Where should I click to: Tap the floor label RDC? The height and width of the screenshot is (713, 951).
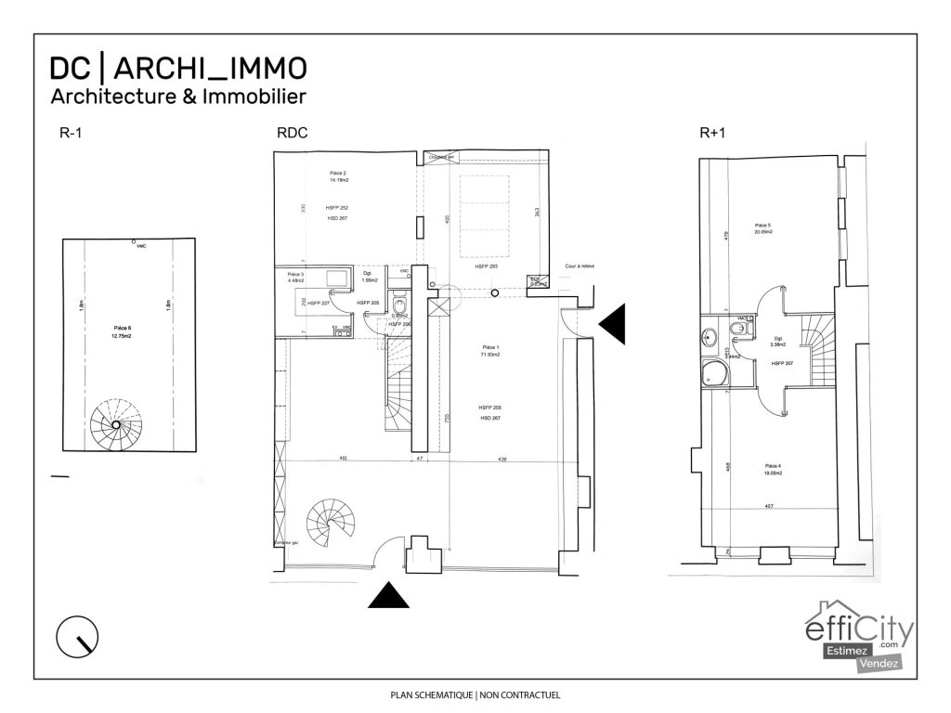click(292, 133)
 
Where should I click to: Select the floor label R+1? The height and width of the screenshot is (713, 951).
click(712, 133)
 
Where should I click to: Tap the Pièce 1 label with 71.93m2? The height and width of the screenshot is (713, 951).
click(489, 351)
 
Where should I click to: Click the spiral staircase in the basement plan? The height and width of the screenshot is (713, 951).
click(116, 424)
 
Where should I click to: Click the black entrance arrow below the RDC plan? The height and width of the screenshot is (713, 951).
click(388, 595)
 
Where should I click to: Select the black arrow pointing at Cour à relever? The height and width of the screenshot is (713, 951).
click(614, 322)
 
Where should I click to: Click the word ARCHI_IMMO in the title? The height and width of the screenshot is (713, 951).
click(211, 68)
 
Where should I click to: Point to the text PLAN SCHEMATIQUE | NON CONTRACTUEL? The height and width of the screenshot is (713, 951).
click(475, 694)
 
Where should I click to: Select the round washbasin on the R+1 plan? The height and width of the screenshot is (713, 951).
click(712, 336)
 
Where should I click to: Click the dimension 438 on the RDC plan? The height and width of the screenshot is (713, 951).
click(503, 458)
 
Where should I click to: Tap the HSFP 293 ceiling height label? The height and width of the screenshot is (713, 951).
click(487, 266)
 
